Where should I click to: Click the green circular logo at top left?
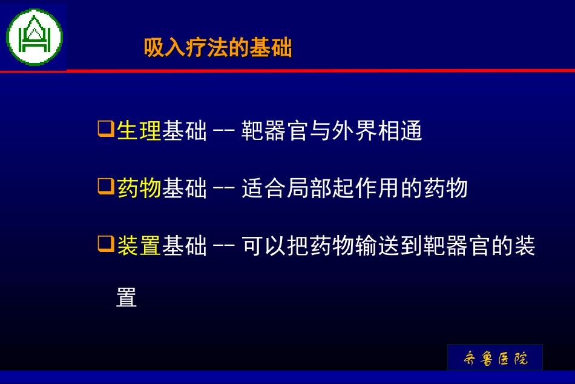[x=34, y=37]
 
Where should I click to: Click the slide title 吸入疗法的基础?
[x=218, y=48]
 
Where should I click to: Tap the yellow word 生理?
[x=139, y=131]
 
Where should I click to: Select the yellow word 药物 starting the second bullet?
[x=139, y=188]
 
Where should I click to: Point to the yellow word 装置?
[x=139, y=246]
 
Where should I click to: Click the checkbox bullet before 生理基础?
[x=105, y=129]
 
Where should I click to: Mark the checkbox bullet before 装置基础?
[x=105, y=244]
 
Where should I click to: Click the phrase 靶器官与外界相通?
[x=332, y=131]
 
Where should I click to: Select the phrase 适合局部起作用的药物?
[x=355, y=188]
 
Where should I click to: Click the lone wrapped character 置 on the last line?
[x=126, y=297]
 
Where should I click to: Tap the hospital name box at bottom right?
[x=494, y=357]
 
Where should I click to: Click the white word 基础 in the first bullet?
[x=184, y=131]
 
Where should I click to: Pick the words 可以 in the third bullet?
[x=264, y=246]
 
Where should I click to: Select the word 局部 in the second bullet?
[x=309, y=188]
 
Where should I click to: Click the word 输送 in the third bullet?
[x=377, y=246]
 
